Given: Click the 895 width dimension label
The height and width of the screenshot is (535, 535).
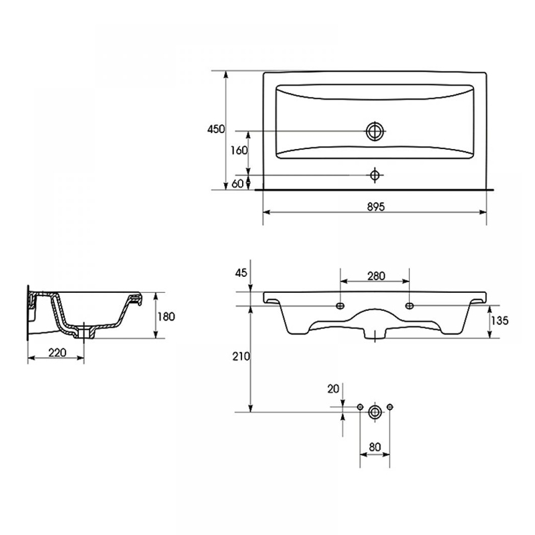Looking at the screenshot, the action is pos(376,207).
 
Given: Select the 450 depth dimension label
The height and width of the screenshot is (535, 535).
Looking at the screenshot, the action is pos(216,129).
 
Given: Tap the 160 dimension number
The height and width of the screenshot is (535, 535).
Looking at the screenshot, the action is pos(239,150).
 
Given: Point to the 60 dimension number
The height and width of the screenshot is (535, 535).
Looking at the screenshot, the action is pos(238,183).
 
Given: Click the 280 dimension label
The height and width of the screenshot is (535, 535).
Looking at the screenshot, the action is pos(376,276).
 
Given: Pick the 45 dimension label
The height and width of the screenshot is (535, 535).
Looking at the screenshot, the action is pos(241,273).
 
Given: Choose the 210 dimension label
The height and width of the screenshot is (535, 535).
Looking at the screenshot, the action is pos(241,356).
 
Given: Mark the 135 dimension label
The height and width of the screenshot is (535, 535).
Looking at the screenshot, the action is pos(500,320).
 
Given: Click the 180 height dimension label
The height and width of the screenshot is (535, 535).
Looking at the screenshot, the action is pos(166,316).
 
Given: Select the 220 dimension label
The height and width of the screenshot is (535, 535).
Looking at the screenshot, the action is pos(58,352).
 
